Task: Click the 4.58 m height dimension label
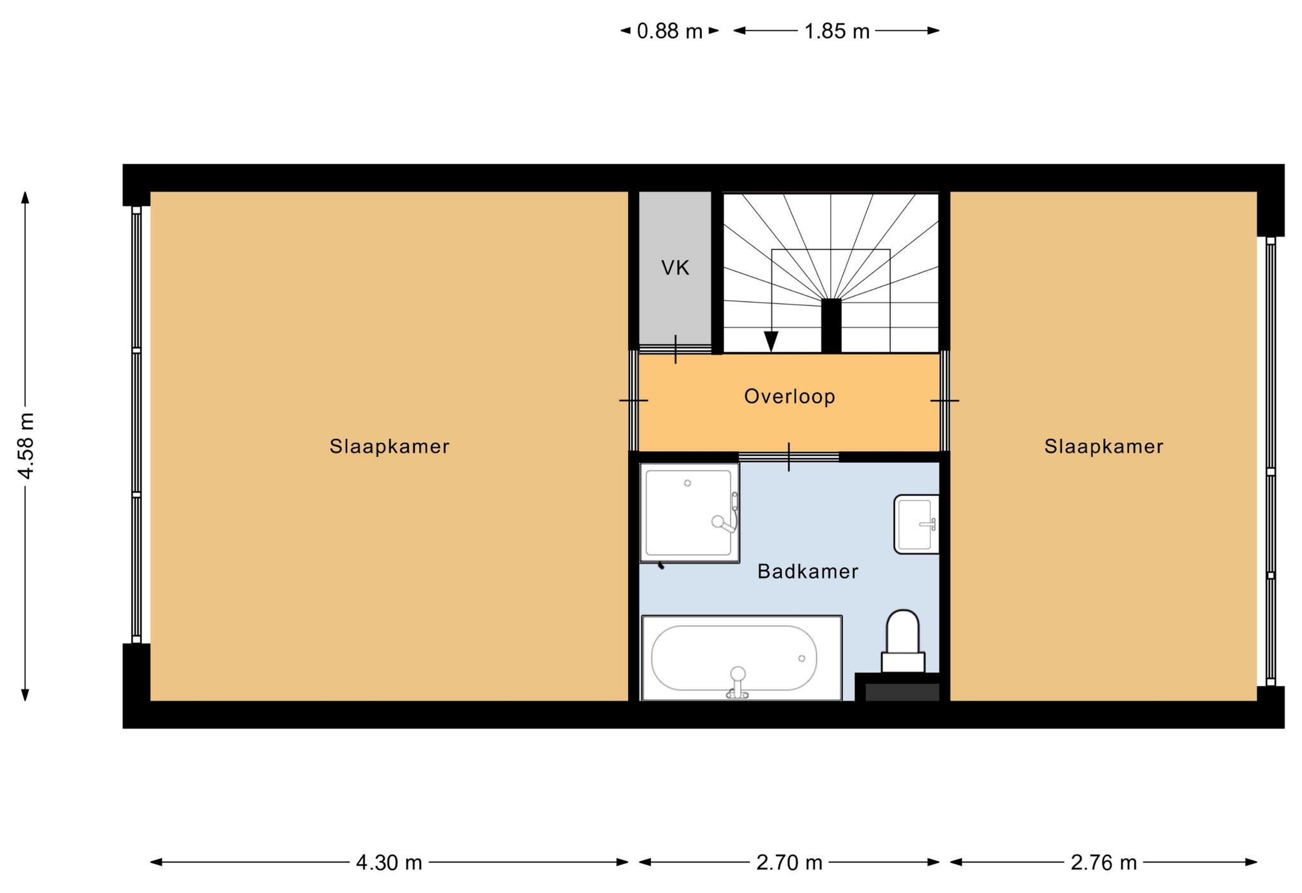pyautogui.click(x=26, y=445)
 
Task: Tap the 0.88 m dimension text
pyautogui.click(x=669, y=31)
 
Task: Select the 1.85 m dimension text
pyautogui.click(x=837, y=31)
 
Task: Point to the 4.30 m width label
pyautogui.click(x=389, y=862)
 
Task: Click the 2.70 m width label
pyautogui.click(x=789, y=862)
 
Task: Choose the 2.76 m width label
pyautogui.click(x=1104, y=862)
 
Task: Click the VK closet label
pyautogui.click(x=675, y=268)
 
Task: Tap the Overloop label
pyautogui.click(x=790, y=396)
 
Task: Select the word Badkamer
pyautogui.click(x=807, y=571)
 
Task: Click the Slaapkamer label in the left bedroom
pyautogui.click(x=389, y=446)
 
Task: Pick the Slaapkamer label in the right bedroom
pyautogui.click(x=1104, y=446)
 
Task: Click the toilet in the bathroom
pyautogui.click(x=903, y=641)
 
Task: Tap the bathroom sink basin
pyautogui.click(x=916, y=524)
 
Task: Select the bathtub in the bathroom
pyautogui.click(x=742, y=658)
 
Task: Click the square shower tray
pyautogui.click(x=690, y=513)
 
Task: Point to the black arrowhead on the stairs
pyautogui.click(x=771, y=342)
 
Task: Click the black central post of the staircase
pyautogui.click(x=831, y=326)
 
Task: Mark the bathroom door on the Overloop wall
pyautogui.click(x=789, y=457)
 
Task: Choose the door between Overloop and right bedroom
pyautogui.click(x=945, y=401)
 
